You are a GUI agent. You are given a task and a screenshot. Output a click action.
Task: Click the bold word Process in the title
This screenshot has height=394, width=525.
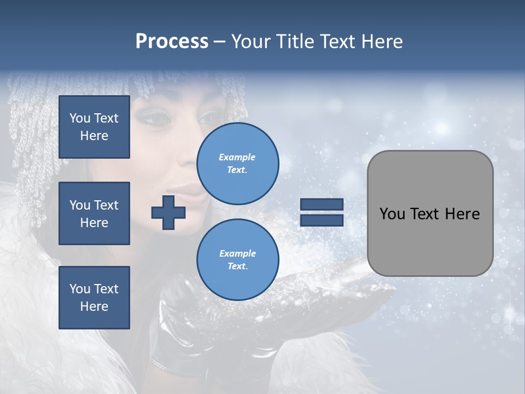(x=172, y=42)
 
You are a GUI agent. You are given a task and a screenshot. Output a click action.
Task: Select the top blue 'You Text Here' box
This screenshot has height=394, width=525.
(x=94, y=127)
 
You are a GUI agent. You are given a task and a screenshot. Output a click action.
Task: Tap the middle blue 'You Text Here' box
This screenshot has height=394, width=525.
(x=94, y=213)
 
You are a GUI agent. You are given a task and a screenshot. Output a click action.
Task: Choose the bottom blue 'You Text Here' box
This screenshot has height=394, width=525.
(x=94, y=298)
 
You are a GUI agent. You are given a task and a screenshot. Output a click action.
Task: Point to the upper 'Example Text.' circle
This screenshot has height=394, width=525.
(x=237, y=163)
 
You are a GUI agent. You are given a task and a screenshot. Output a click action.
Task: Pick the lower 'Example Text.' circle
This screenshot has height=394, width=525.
(x=237, y=259)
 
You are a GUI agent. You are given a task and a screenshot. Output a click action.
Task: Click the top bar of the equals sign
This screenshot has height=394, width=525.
(x=322, y=205)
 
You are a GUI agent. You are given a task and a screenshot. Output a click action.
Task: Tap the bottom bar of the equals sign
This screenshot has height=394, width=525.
(x=322, y=221)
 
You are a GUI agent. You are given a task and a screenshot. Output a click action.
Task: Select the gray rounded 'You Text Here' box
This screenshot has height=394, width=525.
(x=430, y=213)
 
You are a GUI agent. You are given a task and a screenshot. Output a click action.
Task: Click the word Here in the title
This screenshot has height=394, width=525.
(x=382, y=42)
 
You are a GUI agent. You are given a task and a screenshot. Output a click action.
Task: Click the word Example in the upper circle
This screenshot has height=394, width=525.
(x=237, y=157)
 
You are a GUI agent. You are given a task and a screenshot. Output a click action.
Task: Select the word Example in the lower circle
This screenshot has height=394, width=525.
(x=237, y=253)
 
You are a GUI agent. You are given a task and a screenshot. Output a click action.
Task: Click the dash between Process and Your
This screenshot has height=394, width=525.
(x=220, y=42)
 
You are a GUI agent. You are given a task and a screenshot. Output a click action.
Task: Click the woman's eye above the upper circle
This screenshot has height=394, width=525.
(x=209, y=117)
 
